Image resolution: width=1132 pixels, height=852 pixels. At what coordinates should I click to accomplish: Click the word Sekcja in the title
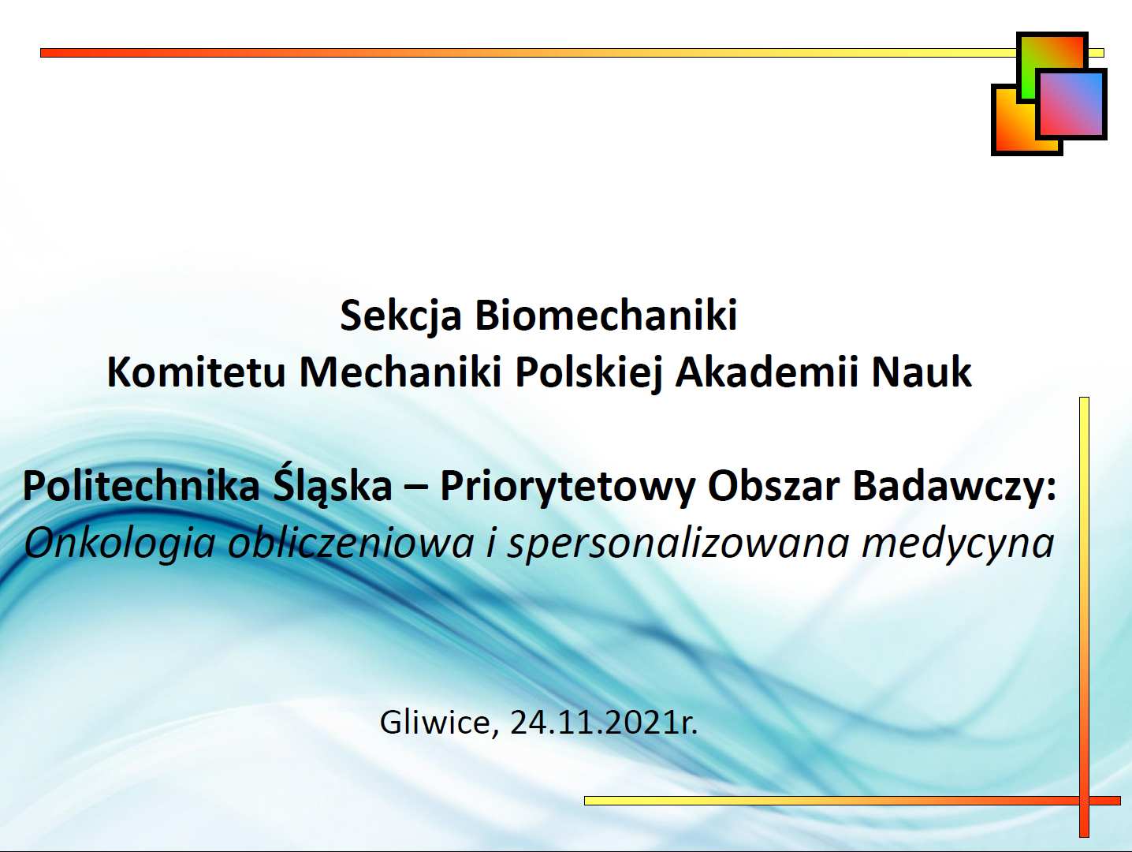[400, 316]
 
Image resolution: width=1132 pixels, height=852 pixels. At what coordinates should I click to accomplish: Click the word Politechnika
[141, 485]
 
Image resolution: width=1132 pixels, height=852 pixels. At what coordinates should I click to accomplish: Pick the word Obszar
[774, 486]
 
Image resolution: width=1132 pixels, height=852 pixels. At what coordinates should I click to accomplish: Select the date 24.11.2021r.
[604, 723]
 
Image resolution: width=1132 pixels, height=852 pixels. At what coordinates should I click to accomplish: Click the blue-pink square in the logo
[1071, 103]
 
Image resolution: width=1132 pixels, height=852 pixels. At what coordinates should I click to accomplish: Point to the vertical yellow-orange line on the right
[1084, 617]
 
